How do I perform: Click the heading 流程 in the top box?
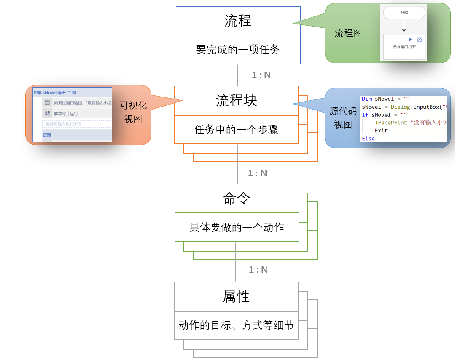click(x=238, y=21)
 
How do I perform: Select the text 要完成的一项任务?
click(x=238, y=50)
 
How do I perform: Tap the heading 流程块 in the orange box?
click(x=237, y=100)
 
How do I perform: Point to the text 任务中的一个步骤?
click(x=237, y=129)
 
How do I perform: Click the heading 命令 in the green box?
click(x=237, y=199)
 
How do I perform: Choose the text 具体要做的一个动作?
click(x=237, y=228)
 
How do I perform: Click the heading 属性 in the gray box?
click(x=236, y=296)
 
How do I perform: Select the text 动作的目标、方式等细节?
click(x=236, y=325)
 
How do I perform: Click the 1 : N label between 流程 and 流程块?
click(x=261, y=75)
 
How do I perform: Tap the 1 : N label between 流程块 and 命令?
click(x=257, y=173)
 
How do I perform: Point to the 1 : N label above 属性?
click(x=258, y=270)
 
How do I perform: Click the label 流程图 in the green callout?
click(x=348, y=33)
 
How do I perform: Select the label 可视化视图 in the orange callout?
click(x=133, y=112)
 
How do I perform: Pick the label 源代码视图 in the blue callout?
click(x=343, y=118)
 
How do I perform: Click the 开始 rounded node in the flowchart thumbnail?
click(x=404, y=13)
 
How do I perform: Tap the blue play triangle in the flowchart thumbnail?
click(x=410, y=39)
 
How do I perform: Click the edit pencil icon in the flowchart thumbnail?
click(x=419, y=39)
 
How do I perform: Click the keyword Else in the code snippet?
click(x=368, y=139)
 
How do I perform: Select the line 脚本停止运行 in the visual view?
click(x=66, y=113)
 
